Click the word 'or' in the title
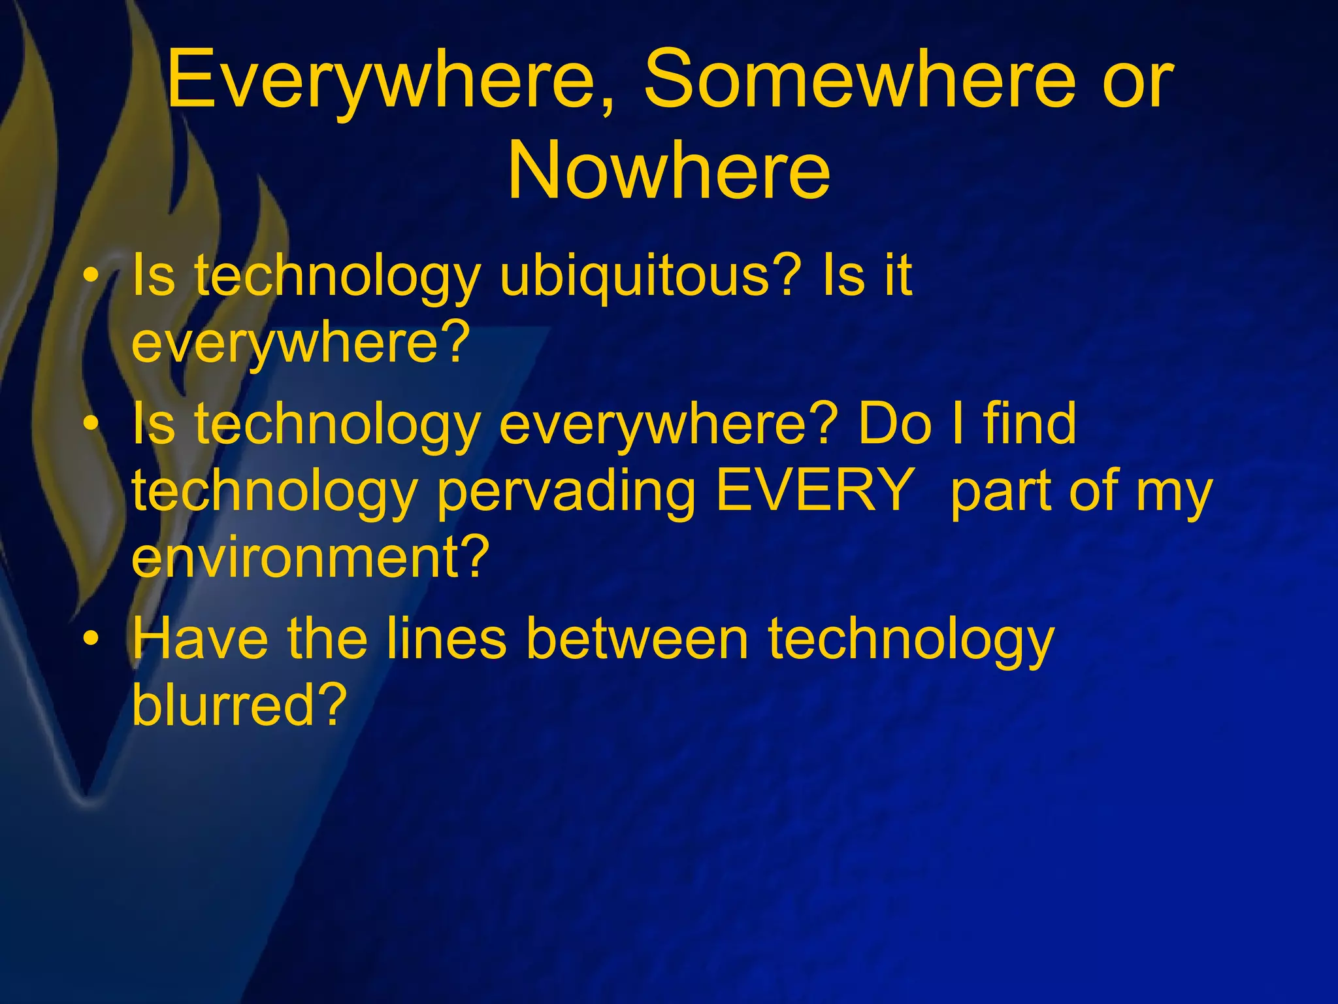point(1137,81)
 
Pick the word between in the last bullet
point(637,639)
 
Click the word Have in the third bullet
point(199,639)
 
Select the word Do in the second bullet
point(894,424)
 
